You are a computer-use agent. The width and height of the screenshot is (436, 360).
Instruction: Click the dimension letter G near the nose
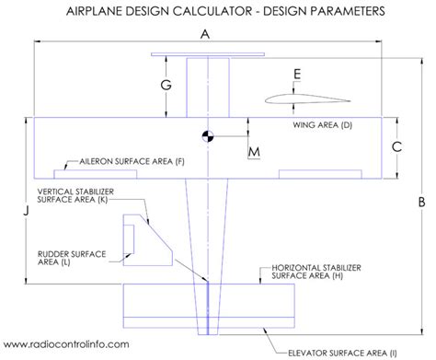pyautogui.click(x=165, y=86)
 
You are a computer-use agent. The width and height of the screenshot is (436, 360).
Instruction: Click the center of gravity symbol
pyautogui.click(x=209, y=135)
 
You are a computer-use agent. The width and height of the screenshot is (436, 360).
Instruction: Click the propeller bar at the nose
pyautogui.click(x=208, y=52)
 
